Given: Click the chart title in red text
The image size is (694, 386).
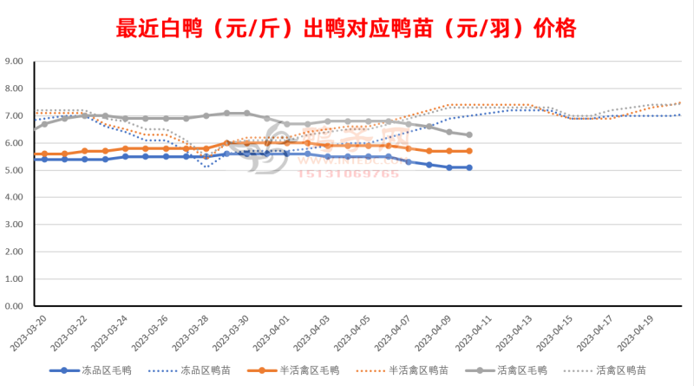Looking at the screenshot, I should pos(346,29).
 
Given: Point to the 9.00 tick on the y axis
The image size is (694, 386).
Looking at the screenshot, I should pos(16,62).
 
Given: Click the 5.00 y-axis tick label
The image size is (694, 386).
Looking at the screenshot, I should pos(16,171).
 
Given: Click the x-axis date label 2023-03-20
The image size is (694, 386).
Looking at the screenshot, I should pos(20,332).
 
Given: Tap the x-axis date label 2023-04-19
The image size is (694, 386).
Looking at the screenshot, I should pos(627,332).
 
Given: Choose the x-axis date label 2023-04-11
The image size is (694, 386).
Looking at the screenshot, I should pos(466,332).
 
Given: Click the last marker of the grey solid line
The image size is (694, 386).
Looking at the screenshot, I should pos(469,134).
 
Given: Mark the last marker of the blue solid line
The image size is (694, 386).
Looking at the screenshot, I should pos(469,167).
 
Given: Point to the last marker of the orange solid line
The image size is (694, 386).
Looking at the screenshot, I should pos(469,151).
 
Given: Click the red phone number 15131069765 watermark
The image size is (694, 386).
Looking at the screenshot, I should pos(350,173).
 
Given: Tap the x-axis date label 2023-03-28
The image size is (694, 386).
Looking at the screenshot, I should pos(182,332).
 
